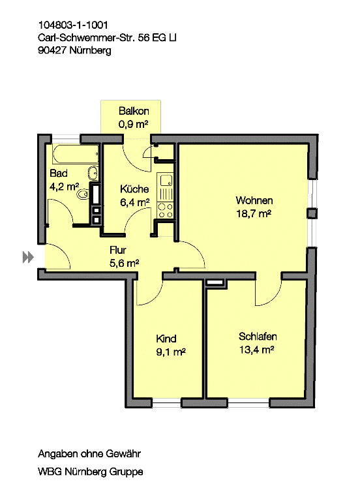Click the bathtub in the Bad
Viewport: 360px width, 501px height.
(76, 155)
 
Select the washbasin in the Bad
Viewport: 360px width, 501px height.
(93, 173)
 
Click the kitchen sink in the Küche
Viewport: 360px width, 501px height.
(165, 181)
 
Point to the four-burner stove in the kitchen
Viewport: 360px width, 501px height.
(165, 211)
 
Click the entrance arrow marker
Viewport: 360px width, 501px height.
(28, 257)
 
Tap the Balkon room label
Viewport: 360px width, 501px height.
(134, 111)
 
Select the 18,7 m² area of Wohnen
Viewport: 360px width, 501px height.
(254, 213)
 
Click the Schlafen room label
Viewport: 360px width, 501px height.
(258, 337)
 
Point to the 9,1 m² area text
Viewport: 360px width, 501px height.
(171, 352)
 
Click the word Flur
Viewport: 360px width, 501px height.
(117, 250)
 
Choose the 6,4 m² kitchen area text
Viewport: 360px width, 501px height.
(135, 202)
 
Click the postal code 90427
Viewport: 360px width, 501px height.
(52, 50)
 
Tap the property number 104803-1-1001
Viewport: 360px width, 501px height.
(73, 25)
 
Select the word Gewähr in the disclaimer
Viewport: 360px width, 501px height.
(123, 454)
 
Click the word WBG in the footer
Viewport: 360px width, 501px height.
(50, 472)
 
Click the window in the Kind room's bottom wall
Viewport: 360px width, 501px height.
(167, 403)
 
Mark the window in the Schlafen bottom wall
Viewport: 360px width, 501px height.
(248, 403)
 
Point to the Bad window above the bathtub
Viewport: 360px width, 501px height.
(66, 139)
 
